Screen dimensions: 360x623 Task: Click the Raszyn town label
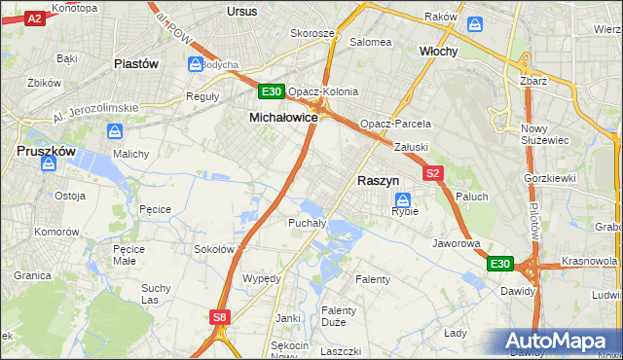[x=378, y=180]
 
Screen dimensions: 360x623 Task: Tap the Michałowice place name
[x=283, y=117]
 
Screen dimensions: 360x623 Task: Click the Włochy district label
[x=438, y=50]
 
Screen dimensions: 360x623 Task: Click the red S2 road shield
[x=434, y=173]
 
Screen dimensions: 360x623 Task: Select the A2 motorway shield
[x=35, y=18]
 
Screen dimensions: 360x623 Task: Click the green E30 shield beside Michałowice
[x=272, y=92]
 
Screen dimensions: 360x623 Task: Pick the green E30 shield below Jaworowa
[x=499, y=264]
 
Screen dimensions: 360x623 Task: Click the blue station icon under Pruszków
[x=48, y=164]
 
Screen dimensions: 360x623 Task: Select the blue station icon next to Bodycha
[x=194, y=64]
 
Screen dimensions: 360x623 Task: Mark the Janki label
[x=287, y=318]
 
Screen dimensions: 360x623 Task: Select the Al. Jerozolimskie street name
[x=95, y=110]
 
